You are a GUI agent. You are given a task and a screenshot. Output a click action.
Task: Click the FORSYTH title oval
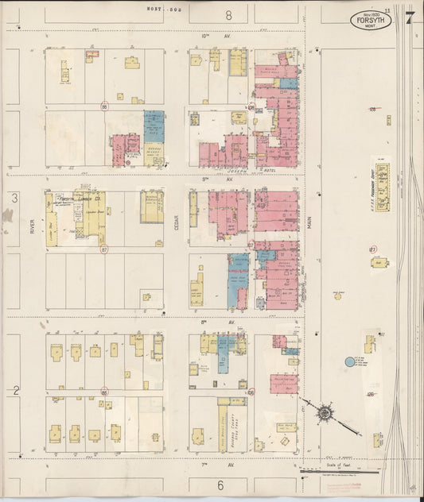pyautogui.click(x=371, y=20)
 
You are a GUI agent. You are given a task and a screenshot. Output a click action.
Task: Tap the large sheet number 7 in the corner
pyautogui.click(x=408, y=17)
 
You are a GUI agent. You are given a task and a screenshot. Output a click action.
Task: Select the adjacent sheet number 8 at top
pyautogui.click(x=228, y=14)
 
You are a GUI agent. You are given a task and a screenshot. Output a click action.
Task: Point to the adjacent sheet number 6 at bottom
pyautogui.click(x=220, y=485)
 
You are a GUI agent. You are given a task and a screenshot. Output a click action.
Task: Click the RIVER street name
pyautogui.click(x=32, y=227)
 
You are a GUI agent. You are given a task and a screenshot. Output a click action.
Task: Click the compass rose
pyautogui.click(x=325, y=413)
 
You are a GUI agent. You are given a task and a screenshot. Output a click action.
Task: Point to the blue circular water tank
pyautogui.click(x=349, y=362)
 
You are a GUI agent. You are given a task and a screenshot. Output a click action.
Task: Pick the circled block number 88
pyautogui.click(x=103, y=392)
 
